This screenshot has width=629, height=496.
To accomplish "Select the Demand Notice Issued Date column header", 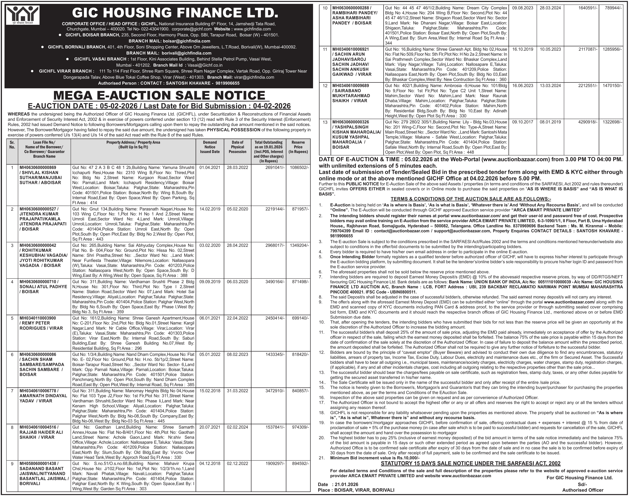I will click(x=210, y=147).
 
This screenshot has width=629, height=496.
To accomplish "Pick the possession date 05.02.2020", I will click(x=238, y=209).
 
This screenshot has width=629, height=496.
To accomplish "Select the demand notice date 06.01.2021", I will click(x=210, y=318).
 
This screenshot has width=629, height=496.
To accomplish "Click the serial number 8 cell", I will click(x=12, y=427).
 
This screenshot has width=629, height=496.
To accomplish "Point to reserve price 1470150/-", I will click(x=612, y=86).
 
